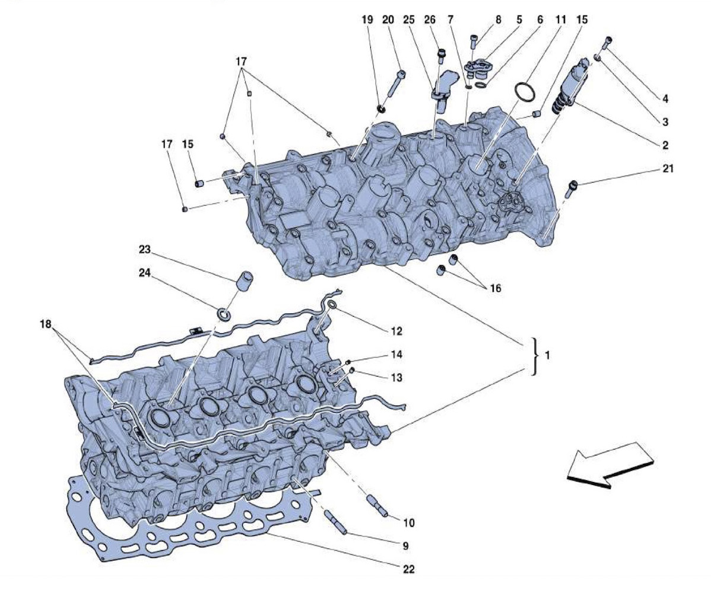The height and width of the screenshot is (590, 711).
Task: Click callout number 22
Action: tap(408, 569)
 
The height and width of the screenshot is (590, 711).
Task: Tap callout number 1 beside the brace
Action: tap(547, 355)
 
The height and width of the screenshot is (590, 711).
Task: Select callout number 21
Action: tap(668, 168)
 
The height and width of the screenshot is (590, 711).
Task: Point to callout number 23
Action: tap(145, 250)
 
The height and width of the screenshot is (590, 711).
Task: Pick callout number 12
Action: tap(396, 331)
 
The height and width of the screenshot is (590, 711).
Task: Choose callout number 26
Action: tap(430, 20)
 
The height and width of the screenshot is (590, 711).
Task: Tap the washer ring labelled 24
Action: tap(224, 314)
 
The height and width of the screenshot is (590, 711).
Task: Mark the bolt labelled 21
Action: tap(572, 187)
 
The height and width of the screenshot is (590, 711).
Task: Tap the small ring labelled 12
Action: tap(332, 305)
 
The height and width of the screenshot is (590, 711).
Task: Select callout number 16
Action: tap(496, 288)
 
